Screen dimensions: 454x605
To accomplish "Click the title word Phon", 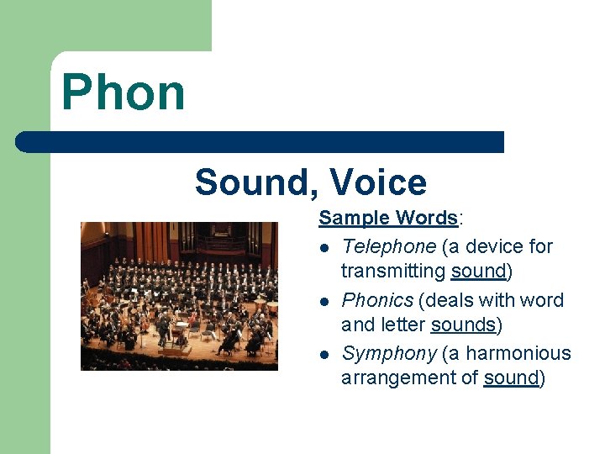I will click(x=123, y=92).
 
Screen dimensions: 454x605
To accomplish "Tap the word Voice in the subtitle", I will click(x=378, y=182).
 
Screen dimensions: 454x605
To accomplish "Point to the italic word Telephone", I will click(x=389, y=246).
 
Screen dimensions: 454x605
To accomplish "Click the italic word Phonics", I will click(x=377, y=300).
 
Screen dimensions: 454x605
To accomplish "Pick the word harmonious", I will click(x=518, y=353).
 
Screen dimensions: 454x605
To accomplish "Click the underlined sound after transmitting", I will click(x=479, y=271).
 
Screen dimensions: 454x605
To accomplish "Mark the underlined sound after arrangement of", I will click(x=511, y=377).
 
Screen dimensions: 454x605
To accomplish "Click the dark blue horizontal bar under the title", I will click(x=260, y=141).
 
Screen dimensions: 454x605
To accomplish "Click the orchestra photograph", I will click(x=179, y=296).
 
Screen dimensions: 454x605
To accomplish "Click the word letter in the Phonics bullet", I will click(x=400, y=325).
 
